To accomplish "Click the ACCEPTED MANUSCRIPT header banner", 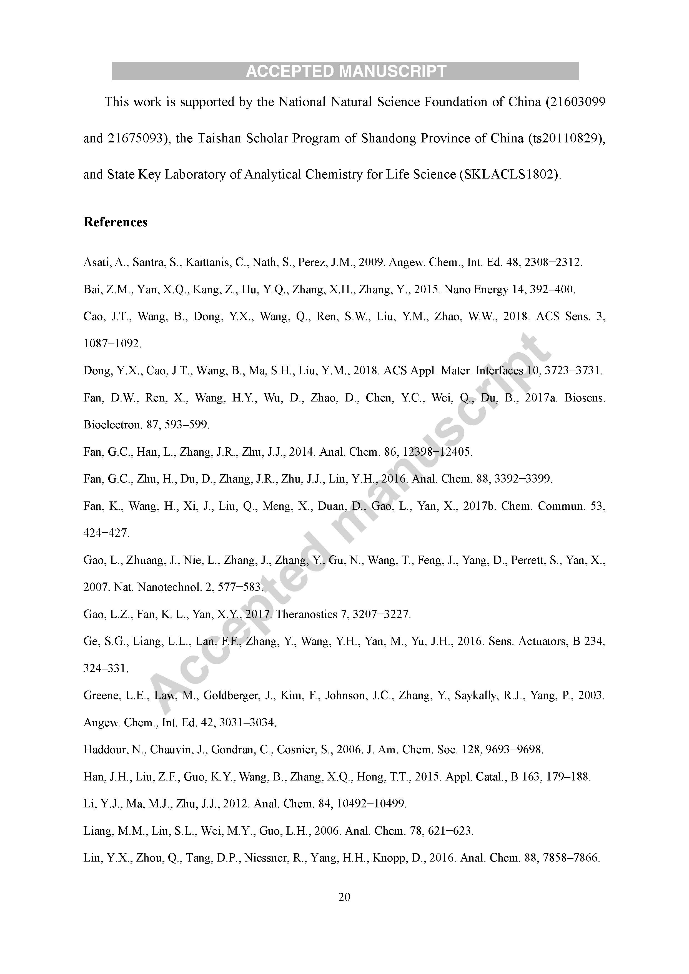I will click(345, 71).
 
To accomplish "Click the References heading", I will click(116, 222).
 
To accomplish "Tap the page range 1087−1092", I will click(112, 344).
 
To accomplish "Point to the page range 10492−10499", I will click(371, 804).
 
